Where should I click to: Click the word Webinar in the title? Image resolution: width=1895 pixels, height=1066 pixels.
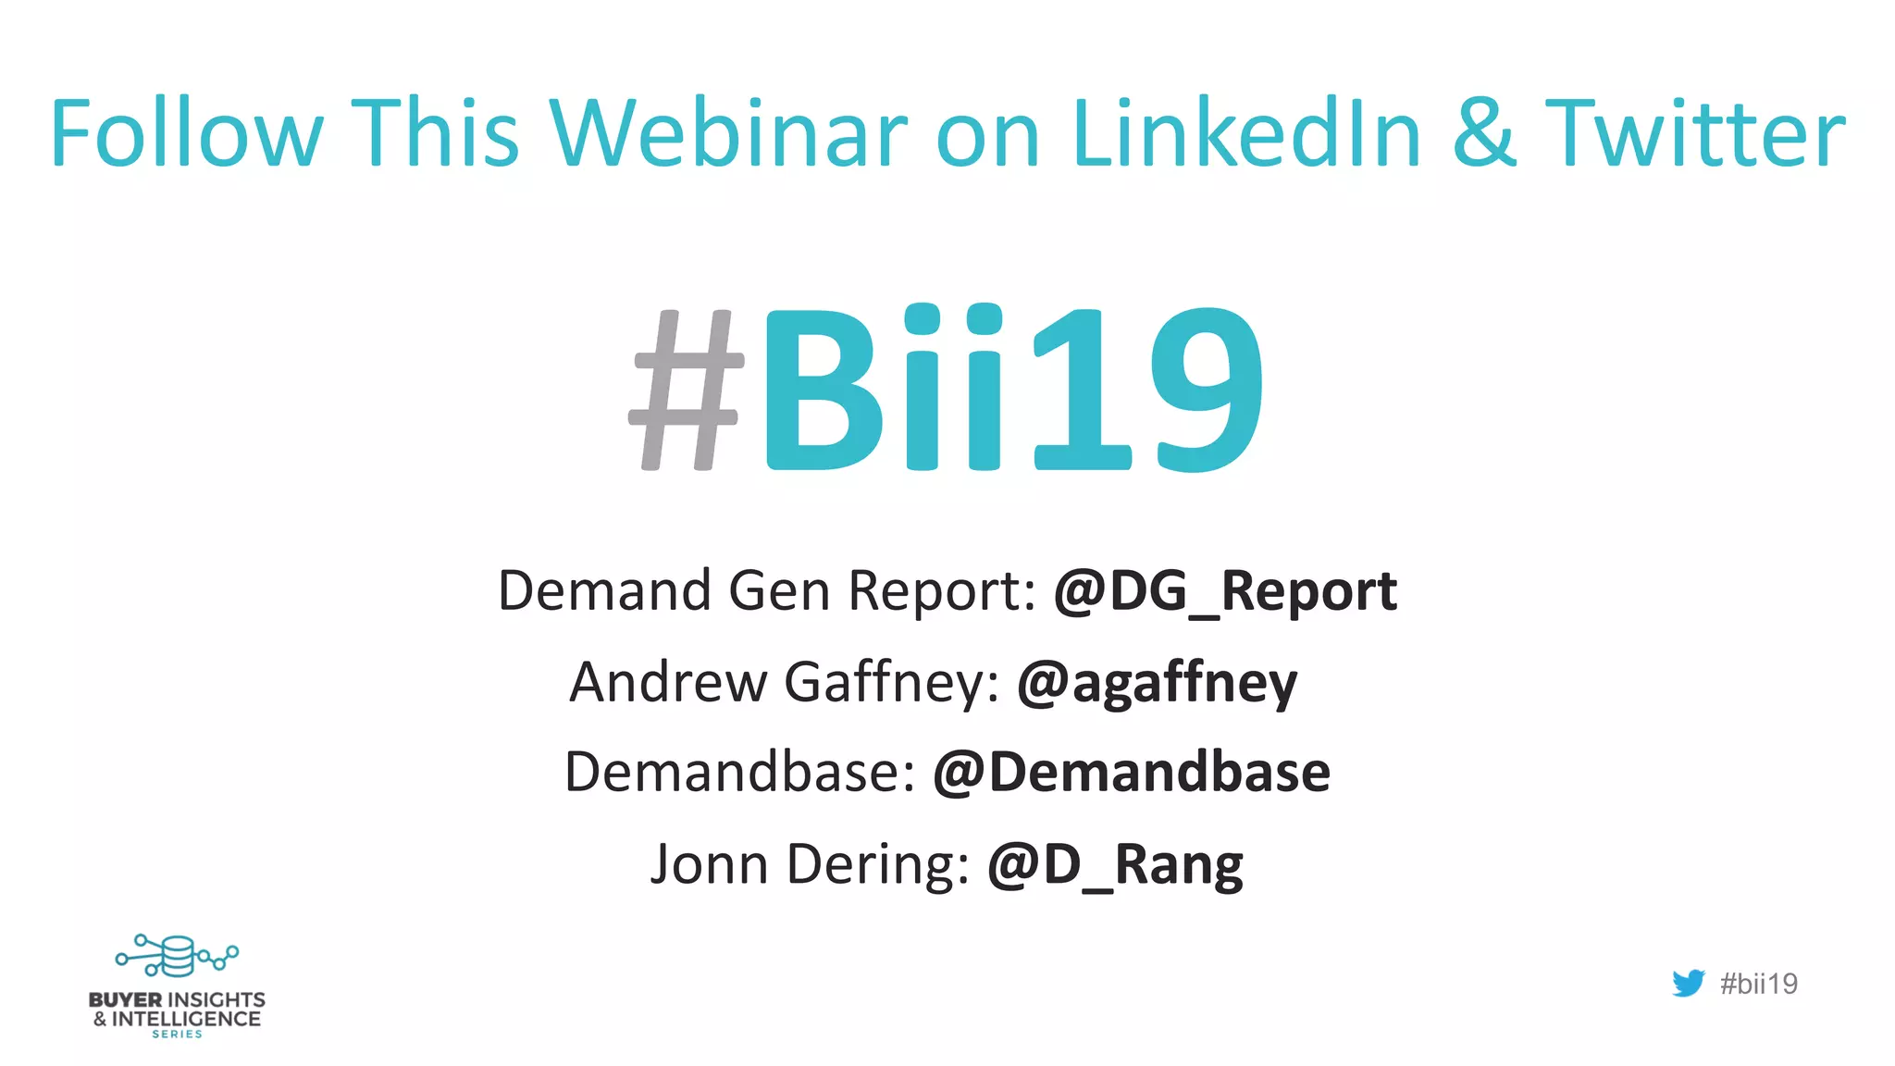point(729,134)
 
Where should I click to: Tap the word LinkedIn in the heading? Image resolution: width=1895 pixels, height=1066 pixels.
point(1245,134)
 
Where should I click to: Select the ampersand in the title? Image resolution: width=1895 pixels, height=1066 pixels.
point(1484,134)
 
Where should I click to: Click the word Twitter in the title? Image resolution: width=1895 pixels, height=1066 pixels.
point(1695,134)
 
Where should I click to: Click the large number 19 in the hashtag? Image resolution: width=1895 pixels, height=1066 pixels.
point(1147,389)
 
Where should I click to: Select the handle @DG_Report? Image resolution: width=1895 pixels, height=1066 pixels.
point(1225,591)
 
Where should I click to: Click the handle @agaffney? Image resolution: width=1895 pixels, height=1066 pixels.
point(1157,683)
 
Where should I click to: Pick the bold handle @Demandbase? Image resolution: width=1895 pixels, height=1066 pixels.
point(1131,773)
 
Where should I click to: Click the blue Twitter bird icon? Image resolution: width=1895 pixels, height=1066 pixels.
point(1689,983)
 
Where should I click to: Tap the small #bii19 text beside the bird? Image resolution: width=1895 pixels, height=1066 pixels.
point(1758,984)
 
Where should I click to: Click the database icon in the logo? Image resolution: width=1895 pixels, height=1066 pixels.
point(176,956)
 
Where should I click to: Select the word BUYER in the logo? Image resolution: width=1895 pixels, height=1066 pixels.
point(125,1000)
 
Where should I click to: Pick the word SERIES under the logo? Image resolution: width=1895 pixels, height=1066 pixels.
point(177,1035)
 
